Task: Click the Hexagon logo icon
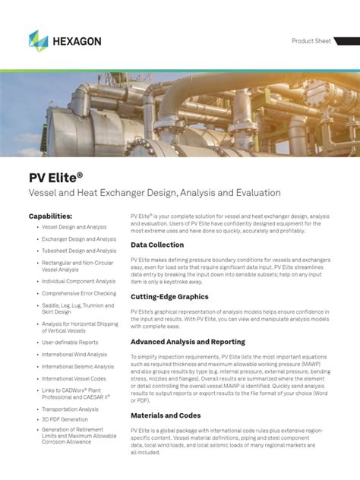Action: (38, 41)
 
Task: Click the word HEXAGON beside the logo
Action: (75, 41)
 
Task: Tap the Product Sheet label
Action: (311, 41)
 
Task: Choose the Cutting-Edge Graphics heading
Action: (169, 297)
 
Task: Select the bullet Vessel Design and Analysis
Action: (74, 227)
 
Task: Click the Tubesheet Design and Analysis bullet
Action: (79, 251)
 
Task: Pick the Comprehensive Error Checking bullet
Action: (79, 293)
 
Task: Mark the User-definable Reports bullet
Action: (70, 343)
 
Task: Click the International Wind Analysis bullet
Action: (74, 355)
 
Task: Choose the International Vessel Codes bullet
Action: (74, 378)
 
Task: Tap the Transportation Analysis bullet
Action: (71, 409)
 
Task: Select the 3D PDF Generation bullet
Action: (65, 419)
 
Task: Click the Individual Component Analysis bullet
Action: (79, 281)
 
